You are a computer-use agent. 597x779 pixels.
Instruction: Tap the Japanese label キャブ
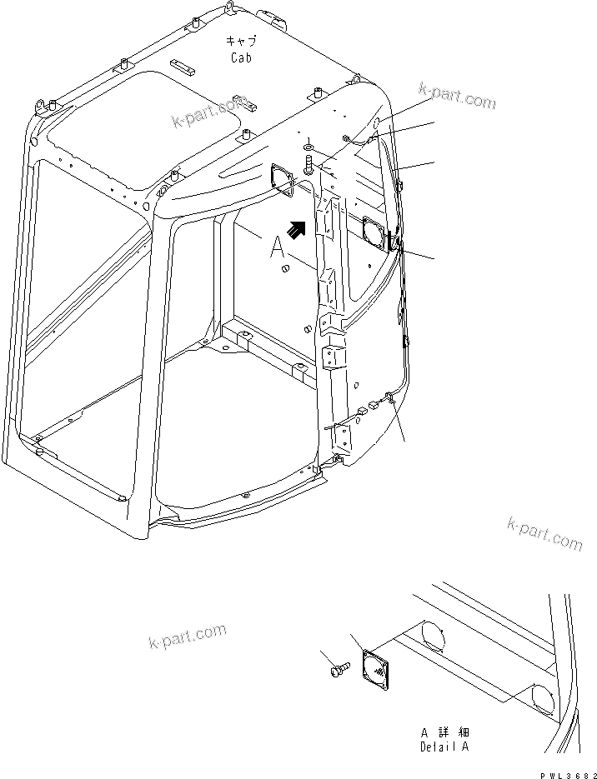(243, 41)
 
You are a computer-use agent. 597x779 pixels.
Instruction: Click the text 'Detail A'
(444, 747)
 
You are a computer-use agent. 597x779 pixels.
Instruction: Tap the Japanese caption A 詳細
(444, 733)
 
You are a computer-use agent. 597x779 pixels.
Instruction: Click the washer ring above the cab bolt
(309, 147)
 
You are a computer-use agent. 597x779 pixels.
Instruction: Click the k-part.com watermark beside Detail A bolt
(187, 637)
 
